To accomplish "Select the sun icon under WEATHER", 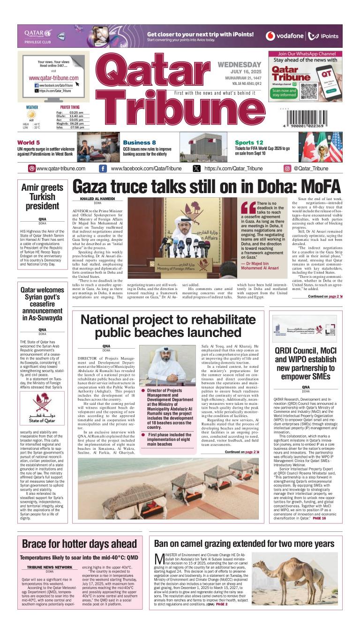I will pyautogui.click(x=31, y=114).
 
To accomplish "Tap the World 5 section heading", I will pyautogui.click(x=29, y=142).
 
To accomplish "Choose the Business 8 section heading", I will pyautogui.click(x=139, y=142).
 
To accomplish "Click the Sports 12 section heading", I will pyautogui.click(x=249, y=142).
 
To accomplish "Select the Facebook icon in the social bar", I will pyautogui.click(x=103, y=169).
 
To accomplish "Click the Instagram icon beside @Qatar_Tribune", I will pyautogui.click(x=287, y=169).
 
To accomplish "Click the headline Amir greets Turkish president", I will pyautogui.click(x=43, y=197).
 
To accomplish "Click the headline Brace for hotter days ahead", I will pyautogui.click(x=79, y=544).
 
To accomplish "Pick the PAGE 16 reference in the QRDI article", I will pyautogui.click(x=319, y=518).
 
